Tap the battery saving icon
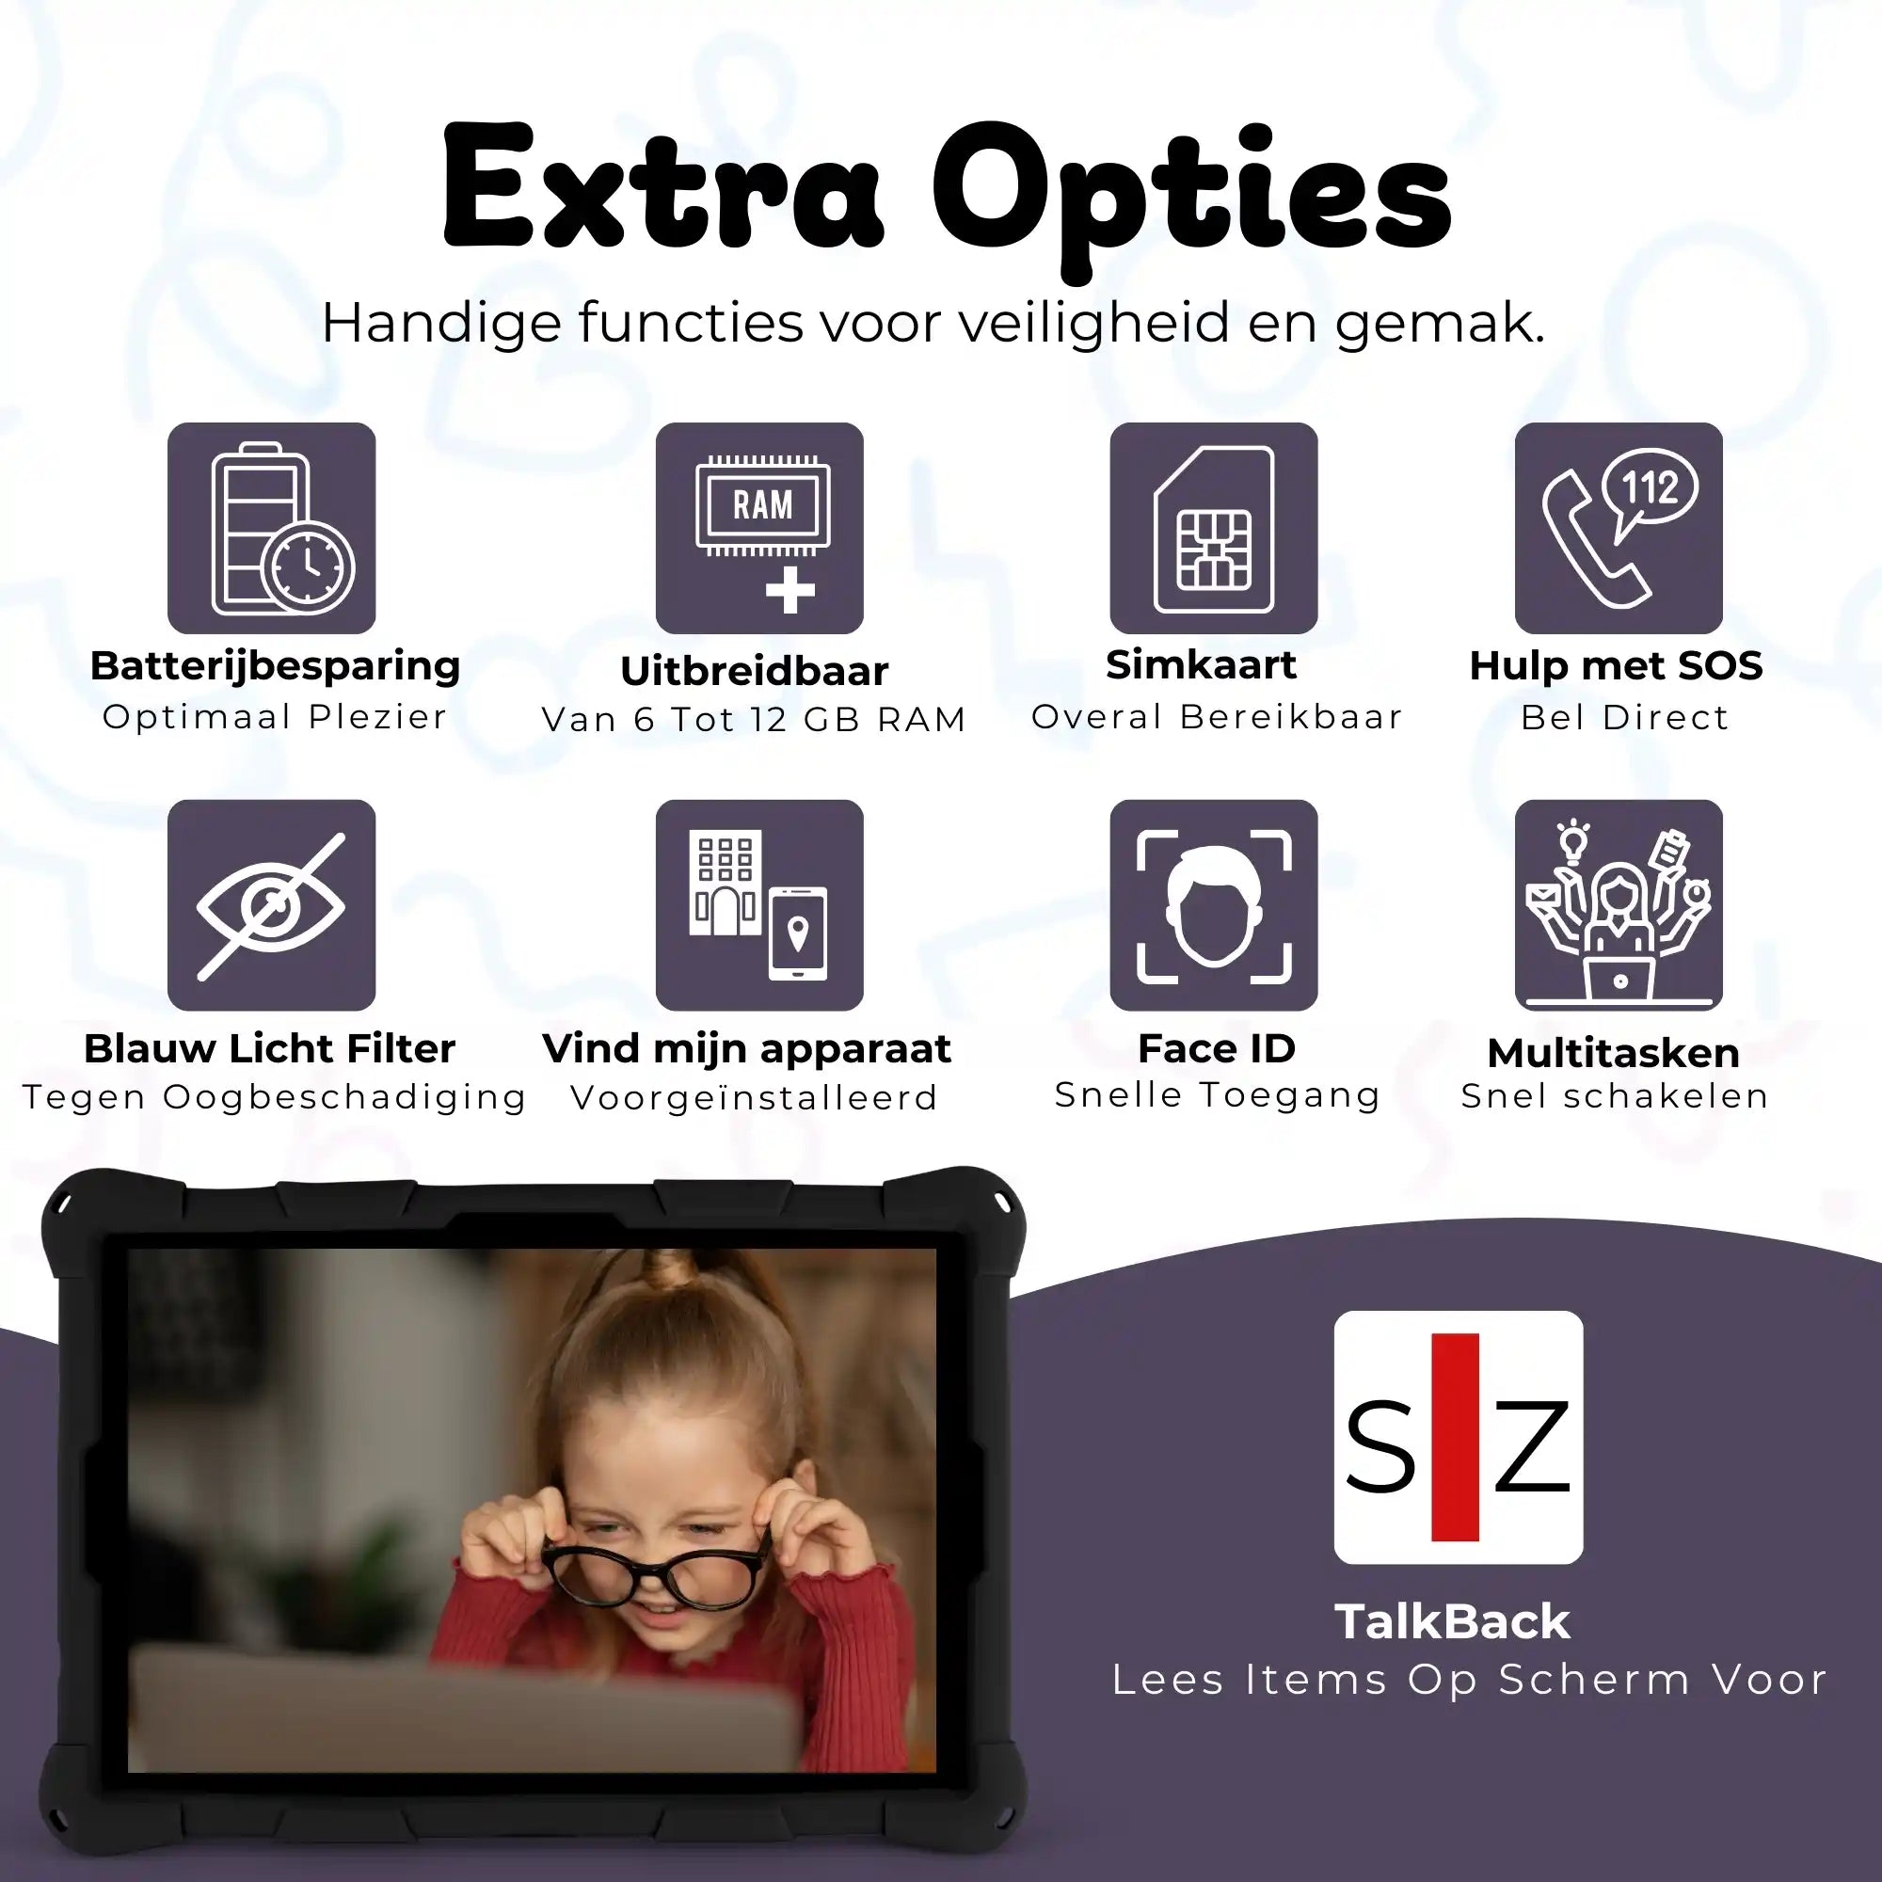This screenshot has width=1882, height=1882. pos(272,528)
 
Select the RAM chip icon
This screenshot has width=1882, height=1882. pos(759,528)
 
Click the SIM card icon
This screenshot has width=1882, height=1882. pos(1214,528)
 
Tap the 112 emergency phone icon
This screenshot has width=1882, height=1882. pos(1619,528)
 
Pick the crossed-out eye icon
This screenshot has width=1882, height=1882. pos(272,905)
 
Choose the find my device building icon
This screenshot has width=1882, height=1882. pos(759,905)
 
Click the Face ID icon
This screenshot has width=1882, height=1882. pos(1214,905)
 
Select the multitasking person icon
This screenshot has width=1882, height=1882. pos(1619,905)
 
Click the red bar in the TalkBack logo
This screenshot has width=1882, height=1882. pos(1456,1437)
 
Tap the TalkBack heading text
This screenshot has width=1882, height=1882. pos(1452,1622)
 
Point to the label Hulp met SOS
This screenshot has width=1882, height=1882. pos(1616,665)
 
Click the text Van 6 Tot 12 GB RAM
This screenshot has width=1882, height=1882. pos(754,719)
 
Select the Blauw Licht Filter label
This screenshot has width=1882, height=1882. pos(270,1048)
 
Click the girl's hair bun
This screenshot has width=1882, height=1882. pos(670,1271)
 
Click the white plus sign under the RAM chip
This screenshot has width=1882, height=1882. pos(790,589)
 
